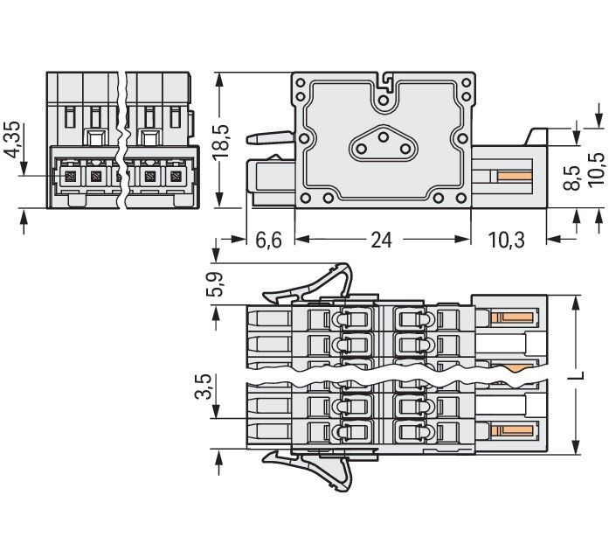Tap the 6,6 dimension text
pyautogui.click(x=267, y=240)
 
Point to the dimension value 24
pyautogui.click(x=381, y=240)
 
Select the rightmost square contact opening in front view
pyautogui.click(x=176, y=178)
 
